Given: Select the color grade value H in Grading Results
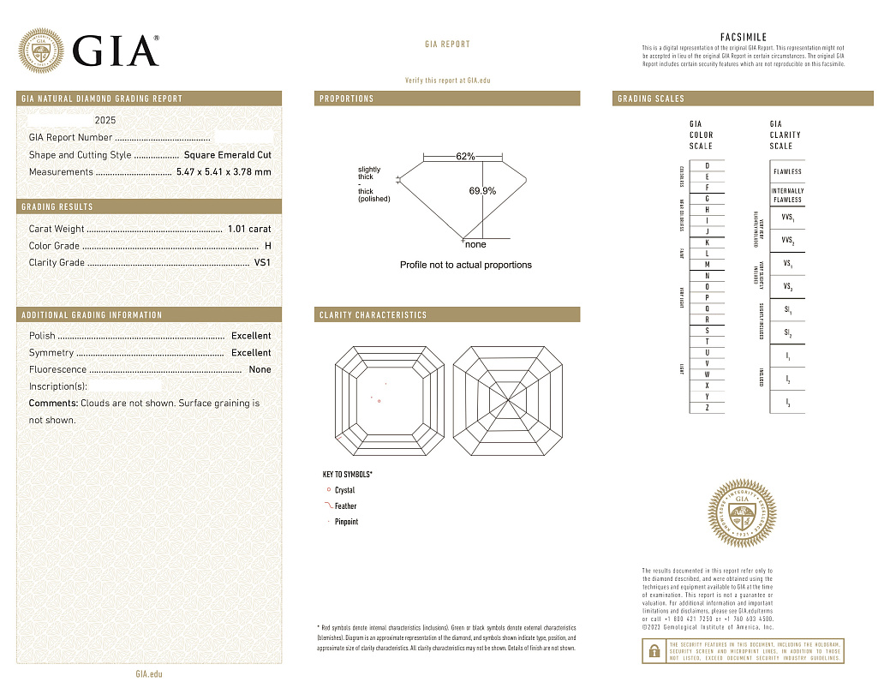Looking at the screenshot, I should [268, 246].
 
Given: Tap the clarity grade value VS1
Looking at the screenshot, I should [262, 263].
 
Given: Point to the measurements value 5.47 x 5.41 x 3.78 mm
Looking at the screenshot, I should [224, 172].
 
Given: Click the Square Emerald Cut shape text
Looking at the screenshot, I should [227, 155].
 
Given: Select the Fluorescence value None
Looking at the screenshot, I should [260, 369].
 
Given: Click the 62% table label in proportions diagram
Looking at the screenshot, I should [465, 157].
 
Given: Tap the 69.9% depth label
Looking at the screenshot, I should [482, 191].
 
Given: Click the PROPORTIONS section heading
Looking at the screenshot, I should [347, 99].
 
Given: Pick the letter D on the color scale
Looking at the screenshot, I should [707, 165].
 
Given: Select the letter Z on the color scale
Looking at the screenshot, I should [707, 408].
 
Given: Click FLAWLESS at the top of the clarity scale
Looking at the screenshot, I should [787, 171].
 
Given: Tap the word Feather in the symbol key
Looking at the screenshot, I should [346, 506].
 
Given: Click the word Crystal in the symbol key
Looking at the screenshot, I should [344, 491].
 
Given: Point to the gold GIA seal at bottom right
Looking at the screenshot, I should [743, 515].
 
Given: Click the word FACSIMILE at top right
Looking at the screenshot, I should [743, 38].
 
